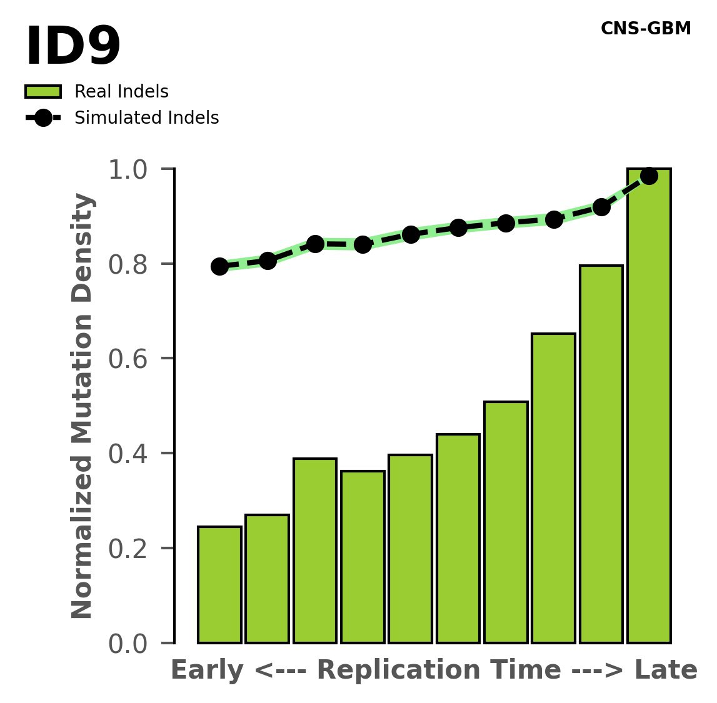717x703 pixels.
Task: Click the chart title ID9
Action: pyautogui.click(x=73, y=47)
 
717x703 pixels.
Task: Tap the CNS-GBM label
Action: pyautogui.click(x=645, y=29)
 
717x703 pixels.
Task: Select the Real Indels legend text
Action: pyautogui.click(x=121, y=92)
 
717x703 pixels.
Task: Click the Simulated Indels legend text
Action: pyautogui.click(x=146, y=118)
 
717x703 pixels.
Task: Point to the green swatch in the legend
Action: pyautogui.click(x=43, y=92)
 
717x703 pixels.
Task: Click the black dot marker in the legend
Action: pyautogui.click(x=43, y=118)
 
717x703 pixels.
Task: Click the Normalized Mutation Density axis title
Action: pyautogui.click(x=83, y=406)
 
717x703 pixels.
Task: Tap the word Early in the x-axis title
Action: pyautogui.click(x=207, y=671)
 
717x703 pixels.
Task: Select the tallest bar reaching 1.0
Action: pyautogui.click(x=649, y=406)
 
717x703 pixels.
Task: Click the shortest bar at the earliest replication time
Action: pyautogui.click(x=219, y=584)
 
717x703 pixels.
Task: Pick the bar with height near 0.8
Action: pyautogui.click(x=601, y=454)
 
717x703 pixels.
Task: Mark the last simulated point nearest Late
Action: pyautogui.click(x=649, y=176)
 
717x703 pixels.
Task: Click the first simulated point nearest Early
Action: pyautogui.click(x=219, y=266)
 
